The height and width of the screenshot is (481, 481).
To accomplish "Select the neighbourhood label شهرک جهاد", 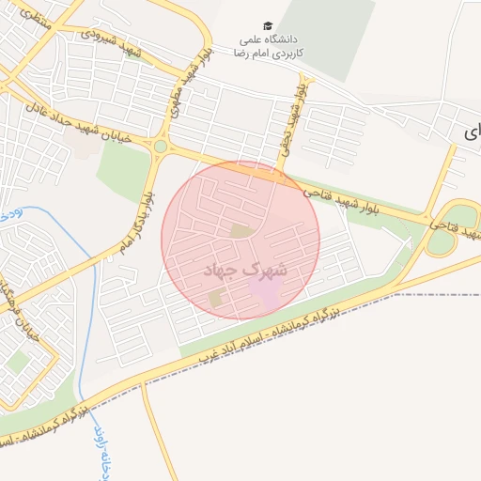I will [x=248, y=270].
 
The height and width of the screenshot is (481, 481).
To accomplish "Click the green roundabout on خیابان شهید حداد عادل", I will [x=161, y=147].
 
